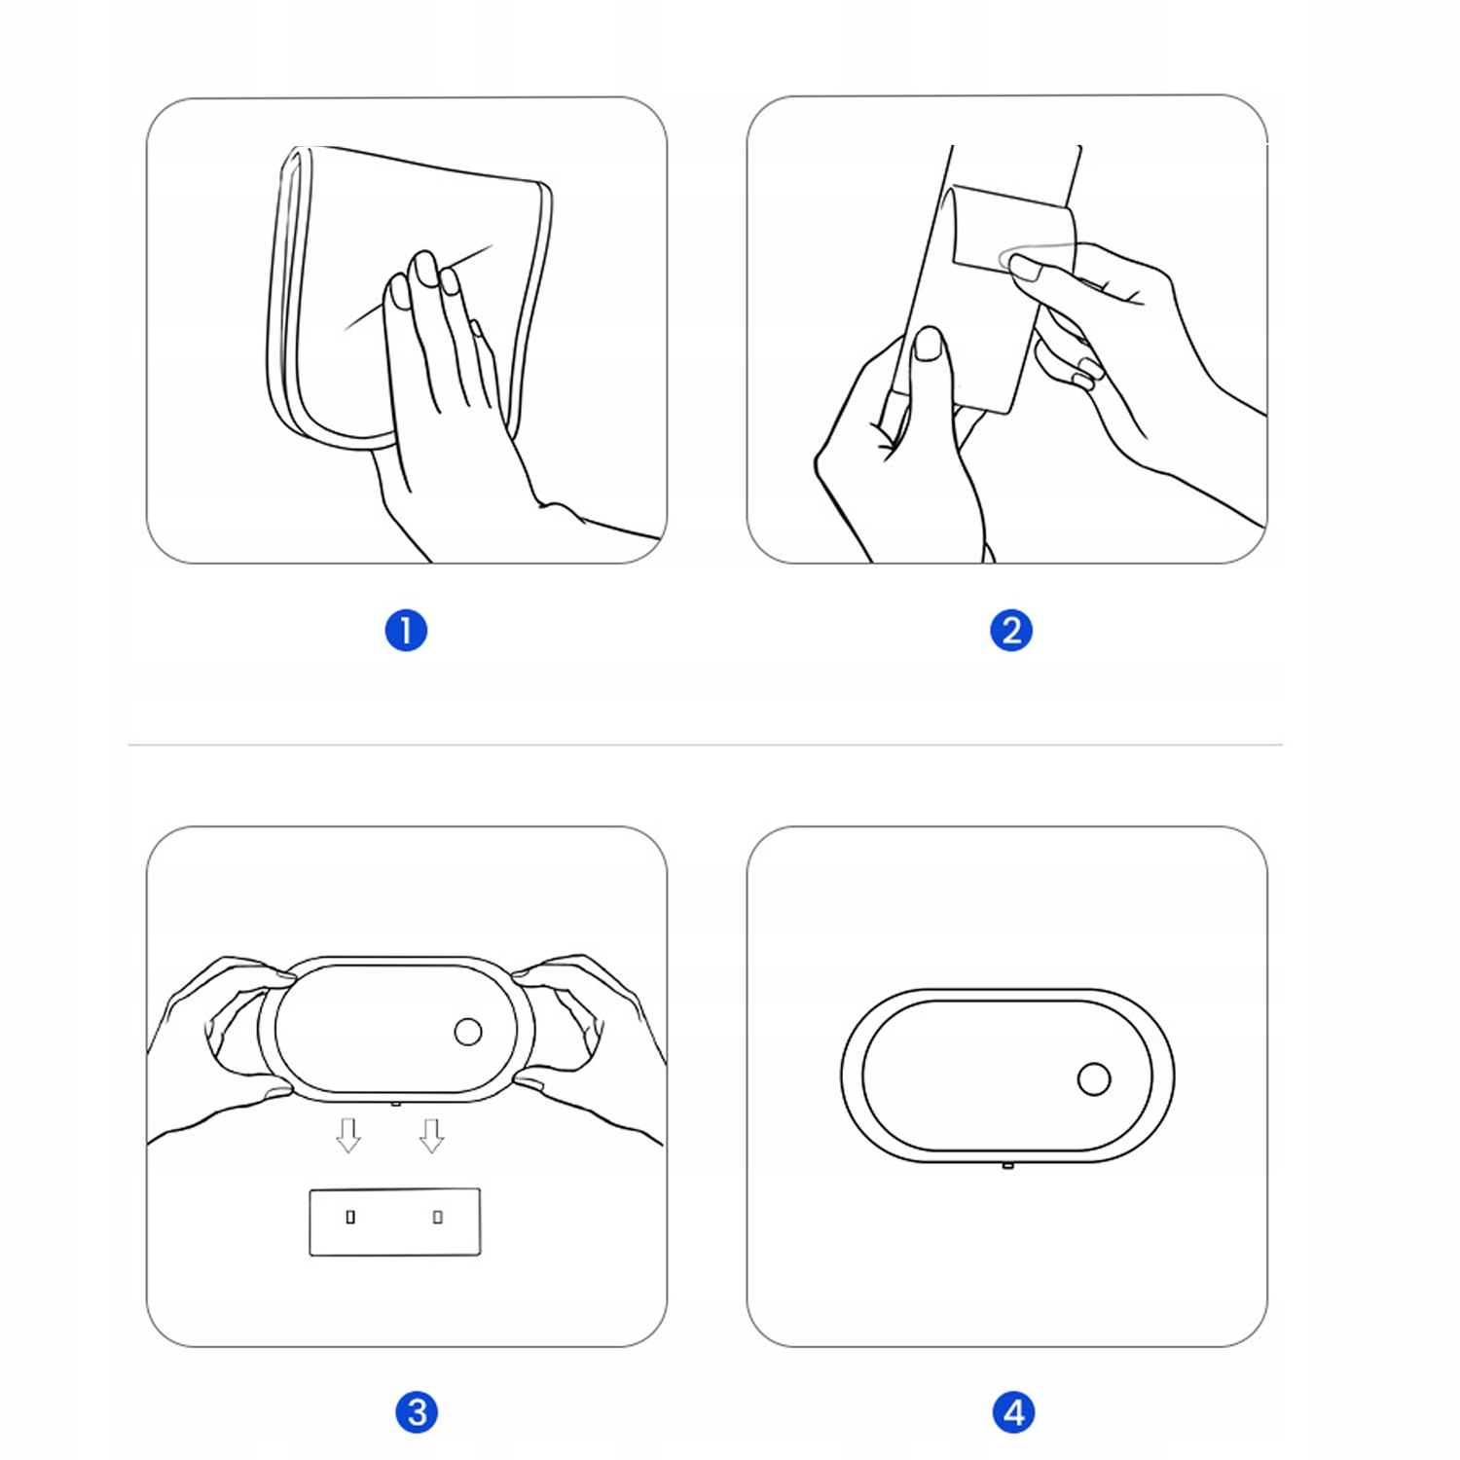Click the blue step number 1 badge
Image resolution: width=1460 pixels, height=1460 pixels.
pos(406,631)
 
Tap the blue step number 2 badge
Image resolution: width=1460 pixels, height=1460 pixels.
pos(1011,631)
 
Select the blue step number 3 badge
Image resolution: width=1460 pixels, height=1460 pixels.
pos(417,1412)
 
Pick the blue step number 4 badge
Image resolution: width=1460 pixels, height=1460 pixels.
pos(1013,1412)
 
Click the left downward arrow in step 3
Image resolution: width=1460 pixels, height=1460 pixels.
pos(348,1135)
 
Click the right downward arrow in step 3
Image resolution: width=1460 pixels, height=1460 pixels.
pos(432,1135)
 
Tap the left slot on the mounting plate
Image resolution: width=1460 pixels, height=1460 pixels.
pos(350,1217)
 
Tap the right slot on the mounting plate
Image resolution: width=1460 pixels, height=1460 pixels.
pos(438,1217)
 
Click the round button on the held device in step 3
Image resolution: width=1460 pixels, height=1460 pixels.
pos(468,1032)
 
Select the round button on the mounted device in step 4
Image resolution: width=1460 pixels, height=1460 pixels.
pos(1094,1079)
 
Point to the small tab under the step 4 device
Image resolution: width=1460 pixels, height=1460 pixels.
pos(1008,1164)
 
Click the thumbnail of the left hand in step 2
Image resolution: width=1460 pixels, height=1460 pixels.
pos(930,345)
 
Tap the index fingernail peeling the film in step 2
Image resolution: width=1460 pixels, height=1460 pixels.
pos(1025,268)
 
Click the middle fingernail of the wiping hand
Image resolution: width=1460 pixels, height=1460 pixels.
pos(426,268)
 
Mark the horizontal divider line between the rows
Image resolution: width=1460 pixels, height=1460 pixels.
pos(706,745)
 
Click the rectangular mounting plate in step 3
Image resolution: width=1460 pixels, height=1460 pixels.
pos(395,1222)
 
